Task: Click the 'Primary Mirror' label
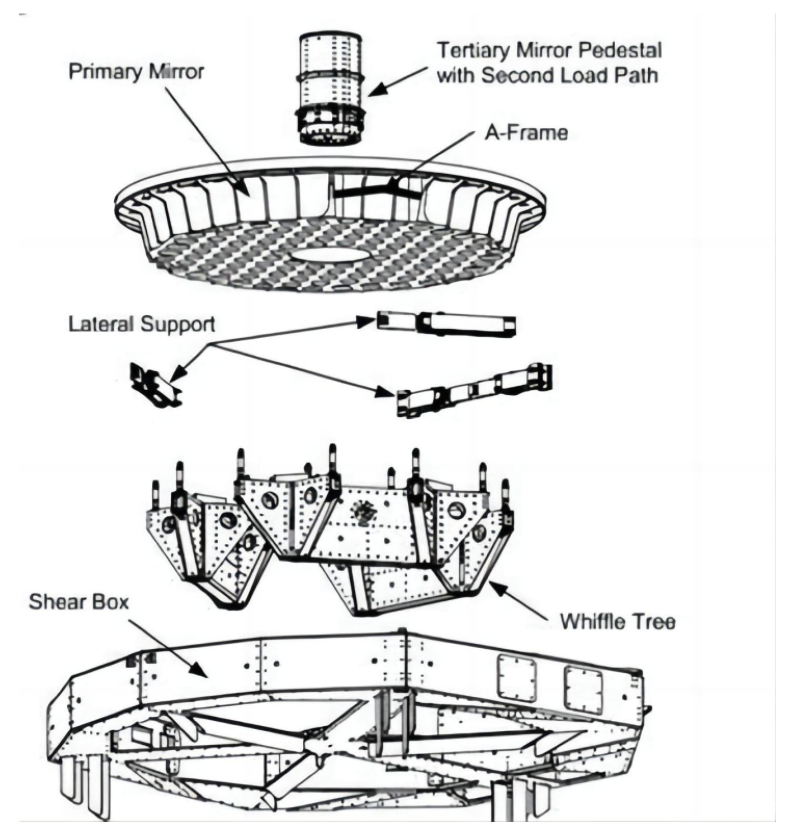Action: [x=136, y=71]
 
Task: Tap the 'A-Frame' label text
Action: [x=526, y=133]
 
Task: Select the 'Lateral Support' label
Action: [x=141, y=324]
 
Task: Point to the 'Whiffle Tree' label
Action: [x=617, y=621]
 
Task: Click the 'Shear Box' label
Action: [x=78, y=602]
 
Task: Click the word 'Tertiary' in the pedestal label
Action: [x=474, y=50]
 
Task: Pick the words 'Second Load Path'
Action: [x=569, y=76]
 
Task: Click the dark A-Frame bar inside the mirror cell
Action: [x=374, y=191]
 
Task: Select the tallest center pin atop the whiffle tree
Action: [x=332, y=460]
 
